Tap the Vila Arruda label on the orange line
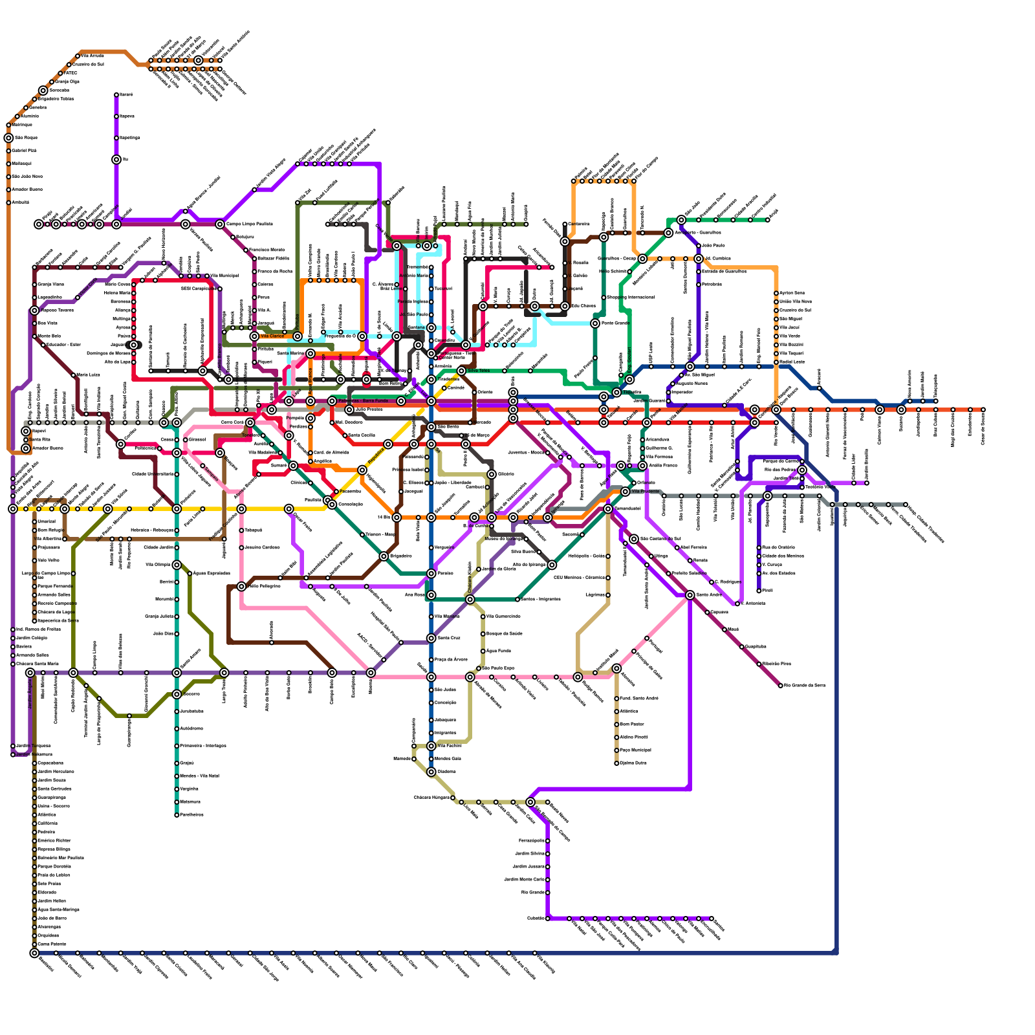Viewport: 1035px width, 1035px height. pyautogui.click(x=92, y=56)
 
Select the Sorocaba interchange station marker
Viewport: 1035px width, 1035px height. pyautogui.click(x=43, y=91)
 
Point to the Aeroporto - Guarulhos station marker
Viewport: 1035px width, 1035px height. pyautogui.click(x=668, y=233)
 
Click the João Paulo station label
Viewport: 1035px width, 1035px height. pyautogui.click(x=713, y=246)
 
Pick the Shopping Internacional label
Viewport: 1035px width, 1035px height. pyautogui.click(x=631, y=298)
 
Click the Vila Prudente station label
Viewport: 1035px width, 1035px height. pyautogui.click(x=646, y=492)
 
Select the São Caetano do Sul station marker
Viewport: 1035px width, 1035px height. pyautogui.click(x=634, y=539)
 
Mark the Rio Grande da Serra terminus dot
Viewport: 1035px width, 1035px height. pyautogui.click(x=781, y=685)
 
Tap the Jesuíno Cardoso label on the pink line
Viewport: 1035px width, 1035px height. pyautogui.click(x=262, y=548)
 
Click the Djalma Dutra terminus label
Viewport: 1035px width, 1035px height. pyautogui.click(x=633, y=763)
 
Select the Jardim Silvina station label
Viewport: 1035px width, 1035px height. pyautogui.click(x=528, y=854)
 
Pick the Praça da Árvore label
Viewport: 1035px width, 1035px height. pyautogui.click(x=451, y=660)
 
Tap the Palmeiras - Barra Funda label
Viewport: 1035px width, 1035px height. pyautogui.click(x=362, y=401)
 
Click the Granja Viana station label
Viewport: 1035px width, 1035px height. pyautogui.click(x=50, y=285)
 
